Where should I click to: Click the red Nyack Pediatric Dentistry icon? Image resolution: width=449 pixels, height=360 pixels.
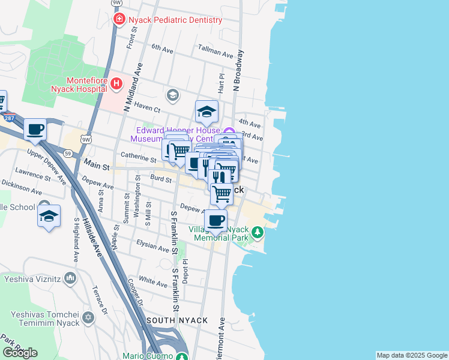tap(119, 20)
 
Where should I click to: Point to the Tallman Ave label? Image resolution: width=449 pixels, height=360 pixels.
tap(215, 55)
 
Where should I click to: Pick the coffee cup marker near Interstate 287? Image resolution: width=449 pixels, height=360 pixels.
tap(35, 129)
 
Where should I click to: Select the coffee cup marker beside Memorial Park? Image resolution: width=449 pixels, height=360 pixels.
tap(216, 220)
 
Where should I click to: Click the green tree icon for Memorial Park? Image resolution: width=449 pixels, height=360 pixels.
tap(258, 231)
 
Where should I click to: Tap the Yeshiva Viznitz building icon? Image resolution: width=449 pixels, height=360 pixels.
tap(70, 278)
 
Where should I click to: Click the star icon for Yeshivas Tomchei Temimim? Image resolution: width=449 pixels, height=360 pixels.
tap(88, 317)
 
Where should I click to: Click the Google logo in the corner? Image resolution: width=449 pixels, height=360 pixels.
tap(20, 353)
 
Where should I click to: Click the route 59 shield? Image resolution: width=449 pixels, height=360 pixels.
tap(69, 154)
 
